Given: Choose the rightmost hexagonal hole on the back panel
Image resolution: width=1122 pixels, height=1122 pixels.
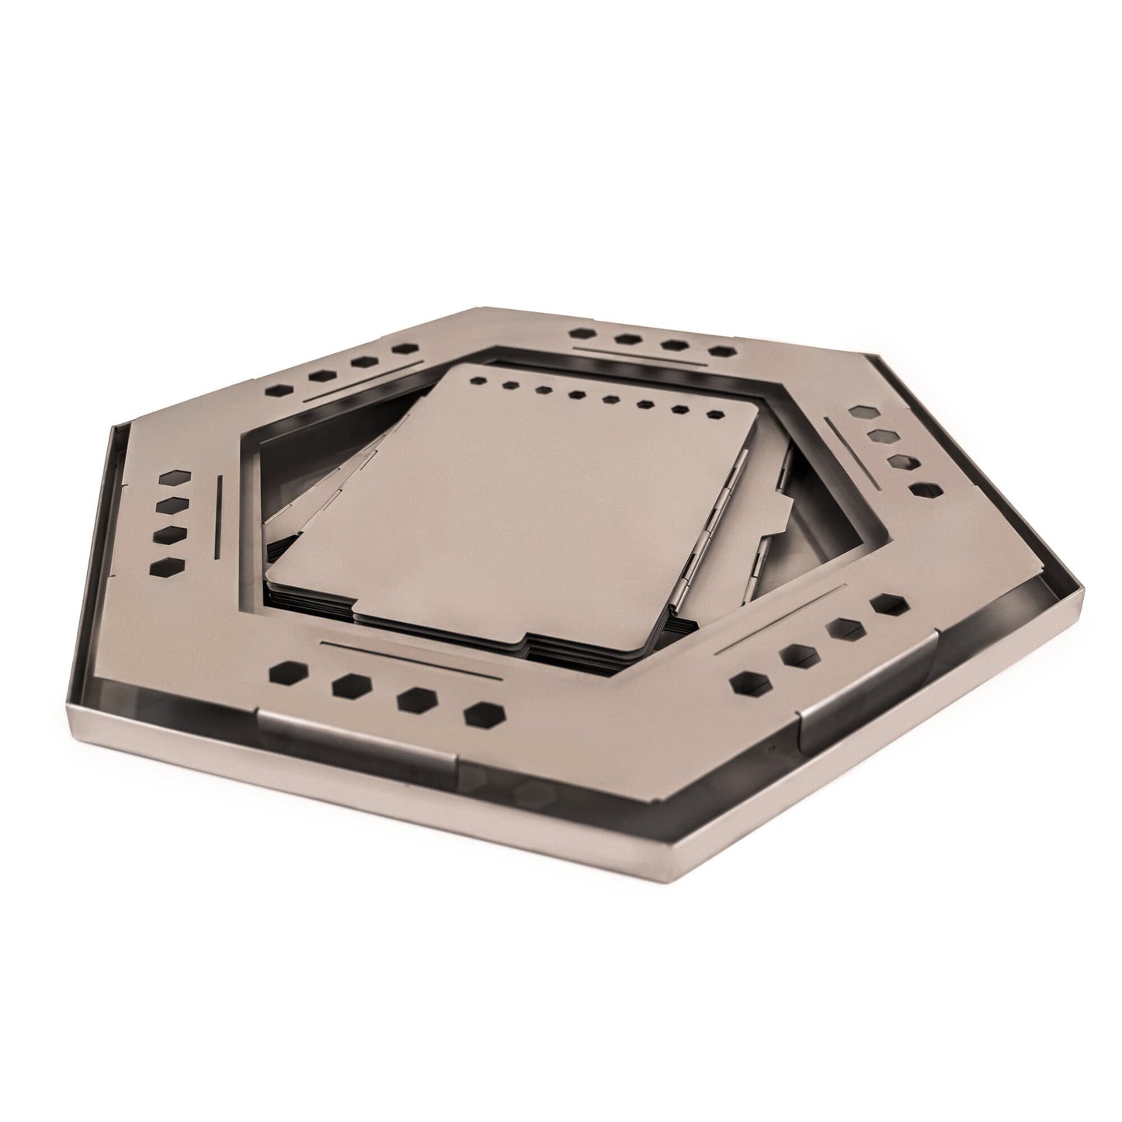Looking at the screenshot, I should pos(724,353).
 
